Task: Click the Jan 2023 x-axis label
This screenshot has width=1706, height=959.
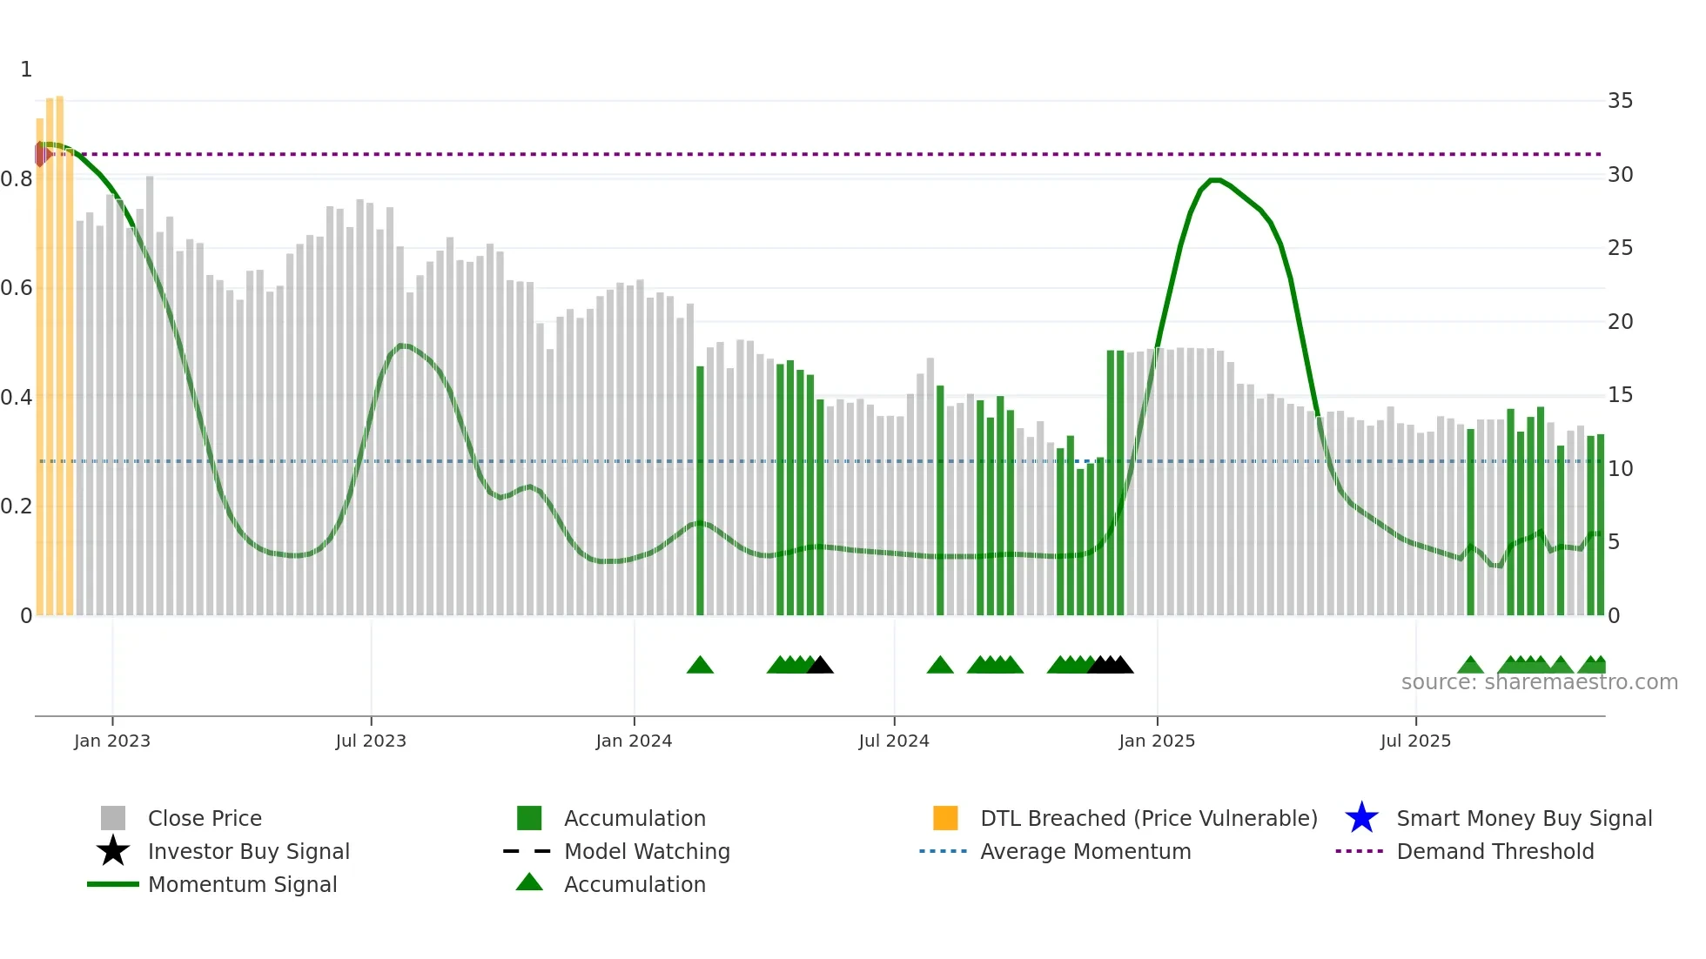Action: click(x=112, y=741)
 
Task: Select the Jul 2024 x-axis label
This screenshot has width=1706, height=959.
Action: click(x=894, y=741)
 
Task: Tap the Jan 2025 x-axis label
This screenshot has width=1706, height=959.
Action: click(x=1157, y=741)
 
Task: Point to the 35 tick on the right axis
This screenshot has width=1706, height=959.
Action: click(x=1620, y=101)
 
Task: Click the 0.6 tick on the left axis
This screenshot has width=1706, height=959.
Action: click(x=17, y=288)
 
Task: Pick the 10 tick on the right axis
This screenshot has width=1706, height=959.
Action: click(x=1620, y=469)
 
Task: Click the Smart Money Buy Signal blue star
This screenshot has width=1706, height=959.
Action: click(x=1361, y=818)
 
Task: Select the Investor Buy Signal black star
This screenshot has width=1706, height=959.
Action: click(x=113, y=851)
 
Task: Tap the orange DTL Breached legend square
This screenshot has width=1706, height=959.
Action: click(x=945, y=818)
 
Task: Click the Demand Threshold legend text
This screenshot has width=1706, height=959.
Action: click(x=1494, y=851)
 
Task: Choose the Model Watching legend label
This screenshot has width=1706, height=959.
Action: click(x=647, y=851)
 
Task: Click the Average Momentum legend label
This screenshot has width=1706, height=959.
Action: click(x=1085, y=851)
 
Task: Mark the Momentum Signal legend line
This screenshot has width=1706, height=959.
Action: click(x=113, y=884)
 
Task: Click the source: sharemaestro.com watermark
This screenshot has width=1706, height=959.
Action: click(x=1539, y=682)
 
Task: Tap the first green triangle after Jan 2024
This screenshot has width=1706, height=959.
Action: click(x=700, y=666)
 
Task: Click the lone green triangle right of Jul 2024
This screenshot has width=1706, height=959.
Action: click(x=940, y=666)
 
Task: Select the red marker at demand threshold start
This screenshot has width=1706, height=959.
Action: click(x=41, y=154)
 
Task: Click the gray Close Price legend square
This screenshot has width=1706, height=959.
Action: click(x=113, y=818)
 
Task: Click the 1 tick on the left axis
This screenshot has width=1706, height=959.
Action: click(x=26, y=70)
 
